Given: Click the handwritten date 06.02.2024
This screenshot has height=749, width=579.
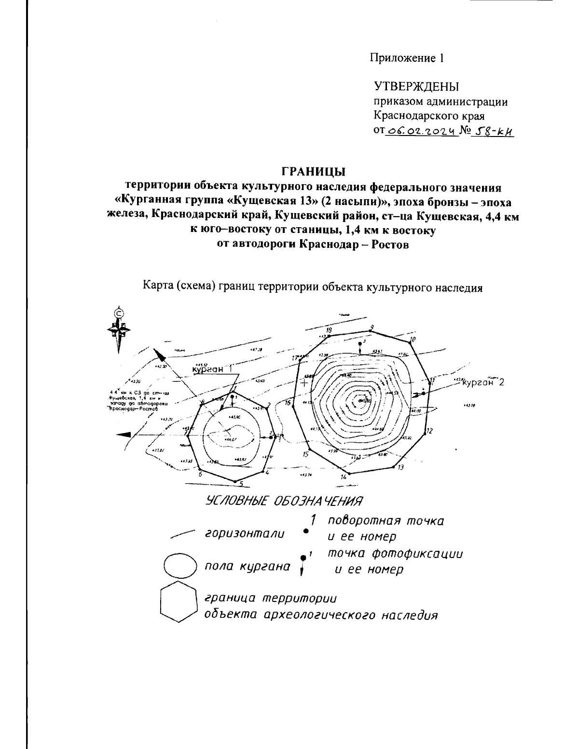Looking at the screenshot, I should (422, 130).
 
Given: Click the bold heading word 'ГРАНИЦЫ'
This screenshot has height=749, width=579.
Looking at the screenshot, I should (313, 172).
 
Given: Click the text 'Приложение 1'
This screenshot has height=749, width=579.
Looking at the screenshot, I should (406, 58).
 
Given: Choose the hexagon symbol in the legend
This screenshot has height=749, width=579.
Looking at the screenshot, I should (178, 603).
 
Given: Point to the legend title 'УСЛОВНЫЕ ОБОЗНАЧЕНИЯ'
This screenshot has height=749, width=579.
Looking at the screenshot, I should (284, 501).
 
